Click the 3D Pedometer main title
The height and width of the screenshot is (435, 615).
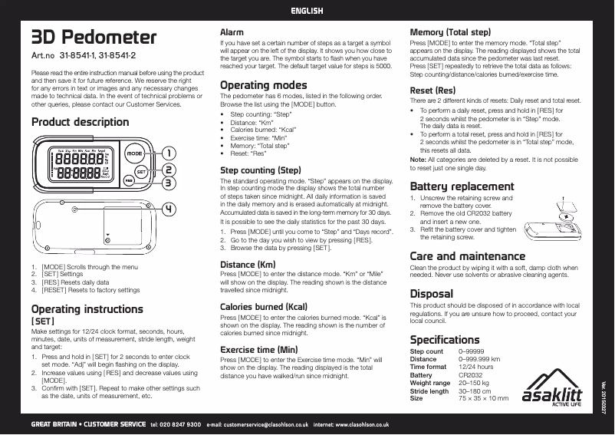(x=93, y=38)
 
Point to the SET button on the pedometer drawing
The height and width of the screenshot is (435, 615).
(x=141, y=171)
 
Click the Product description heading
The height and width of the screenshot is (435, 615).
(x=80, y=123)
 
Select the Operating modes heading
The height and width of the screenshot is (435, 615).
(x=263, y=84)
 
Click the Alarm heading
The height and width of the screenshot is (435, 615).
(x=232, y=33)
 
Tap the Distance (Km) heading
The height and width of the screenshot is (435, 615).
(x=248, y=264)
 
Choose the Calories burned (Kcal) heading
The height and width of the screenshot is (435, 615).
(x=264, y=306)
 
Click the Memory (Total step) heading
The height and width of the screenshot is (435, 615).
(x=450, y=33)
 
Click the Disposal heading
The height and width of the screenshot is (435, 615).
(x=431, y=293)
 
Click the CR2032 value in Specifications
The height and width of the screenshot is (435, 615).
(x=470, y=375)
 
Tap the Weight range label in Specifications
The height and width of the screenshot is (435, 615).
(x=430, y=383)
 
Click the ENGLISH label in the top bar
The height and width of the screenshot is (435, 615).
(x=307, y=11)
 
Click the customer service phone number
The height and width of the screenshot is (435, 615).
(x=176, y=423)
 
